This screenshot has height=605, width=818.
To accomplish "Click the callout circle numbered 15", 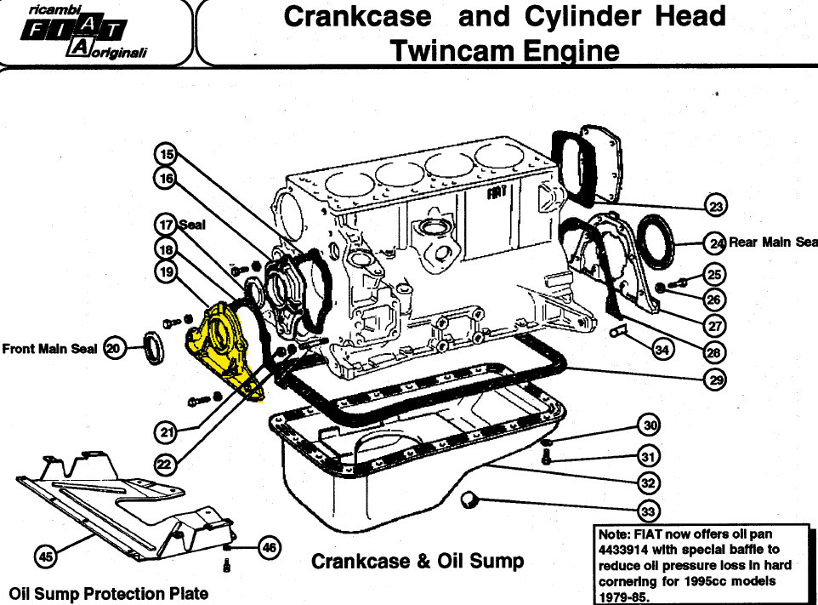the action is (167, 155).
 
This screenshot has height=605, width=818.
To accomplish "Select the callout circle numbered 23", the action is (716, 206).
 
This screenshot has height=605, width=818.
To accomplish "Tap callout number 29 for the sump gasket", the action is (716, 380).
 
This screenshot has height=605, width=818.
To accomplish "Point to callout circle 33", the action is (648, 511).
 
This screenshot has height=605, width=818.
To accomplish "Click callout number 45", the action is (46, 556).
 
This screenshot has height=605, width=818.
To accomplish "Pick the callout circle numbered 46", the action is (270, 548).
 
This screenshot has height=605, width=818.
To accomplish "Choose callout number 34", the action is (662, 349).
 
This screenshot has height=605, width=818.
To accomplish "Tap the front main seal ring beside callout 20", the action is (154, 348).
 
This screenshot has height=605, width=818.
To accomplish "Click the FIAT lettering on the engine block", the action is (497, 193).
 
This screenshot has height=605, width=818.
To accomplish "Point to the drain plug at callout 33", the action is (469, 499).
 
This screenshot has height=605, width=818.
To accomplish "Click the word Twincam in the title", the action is (452, 51).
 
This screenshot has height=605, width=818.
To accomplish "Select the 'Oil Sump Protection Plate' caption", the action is (109, 594).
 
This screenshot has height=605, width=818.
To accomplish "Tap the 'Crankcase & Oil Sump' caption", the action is (418, 561).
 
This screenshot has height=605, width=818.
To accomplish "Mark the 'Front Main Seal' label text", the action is (49, 349).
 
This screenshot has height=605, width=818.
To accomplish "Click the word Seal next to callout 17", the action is (192, 225).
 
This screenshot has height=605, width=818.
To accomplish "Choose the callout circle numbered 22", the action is (165, 464).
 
